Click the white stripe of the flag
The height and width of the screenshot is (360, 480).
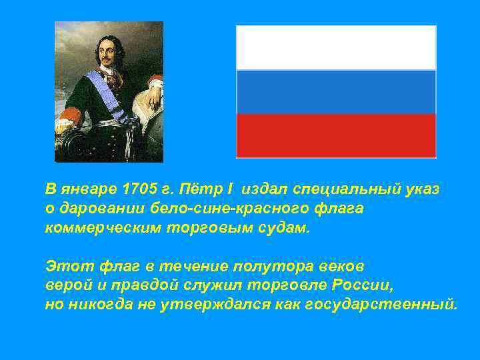pos(336,48)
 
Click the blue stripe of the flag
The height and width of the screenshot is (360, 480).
pos(336,92)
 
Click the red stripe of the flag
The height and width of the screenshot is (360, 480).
pos(336,135)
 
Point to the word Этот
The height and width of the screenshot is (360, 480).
pos(65,267)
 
